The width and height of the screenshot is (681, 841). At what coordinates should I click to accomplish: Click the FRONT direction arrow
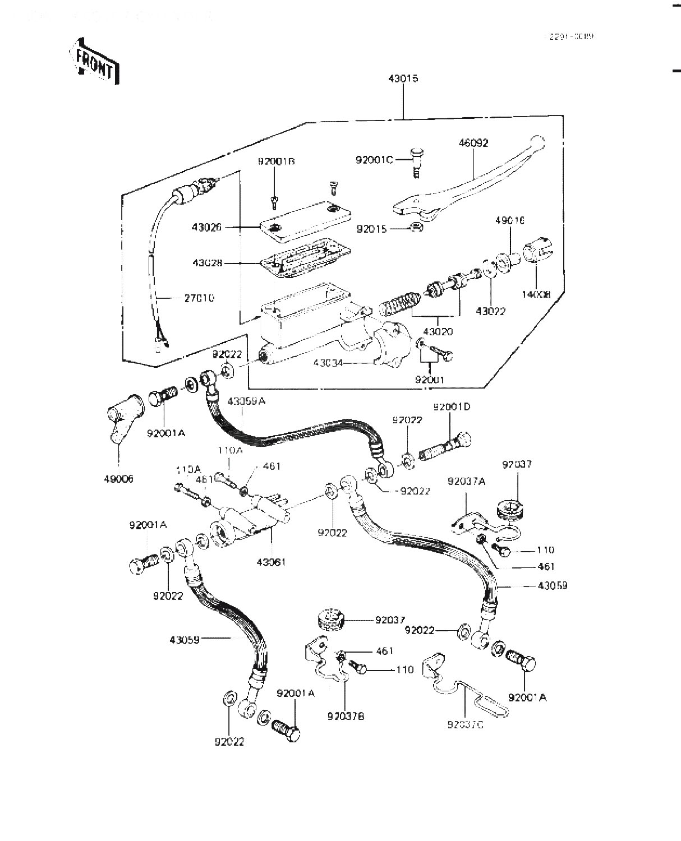[94, 61]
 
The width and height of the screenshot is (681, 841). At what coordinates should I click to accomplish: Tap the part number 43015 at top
[403, 79]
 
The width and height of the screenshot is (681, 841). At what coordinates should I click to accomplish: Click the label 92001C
[374, 160]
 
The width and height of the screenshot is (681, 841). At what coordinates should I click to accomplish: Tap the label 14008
[537, 293]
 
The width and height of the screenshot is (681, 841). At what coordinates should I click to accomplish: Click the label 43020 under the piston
[438, 331]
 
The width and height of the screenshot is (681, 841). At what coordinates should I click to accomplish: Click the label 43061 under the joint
[271, 562]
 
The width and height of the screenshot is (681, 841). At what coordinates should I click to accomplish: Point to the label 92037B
[346, 717]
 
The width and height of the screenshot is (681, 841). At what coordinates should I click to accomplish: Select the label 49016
[509, 221]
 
